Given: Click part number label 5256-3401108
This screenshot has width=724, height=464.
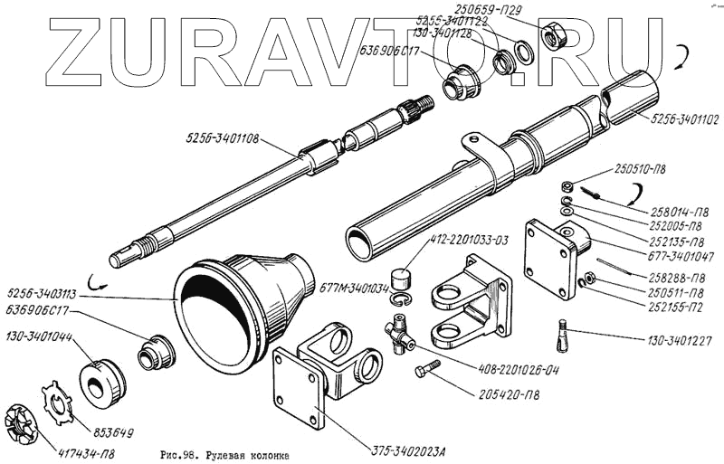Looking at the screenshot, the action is (221, 139).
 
